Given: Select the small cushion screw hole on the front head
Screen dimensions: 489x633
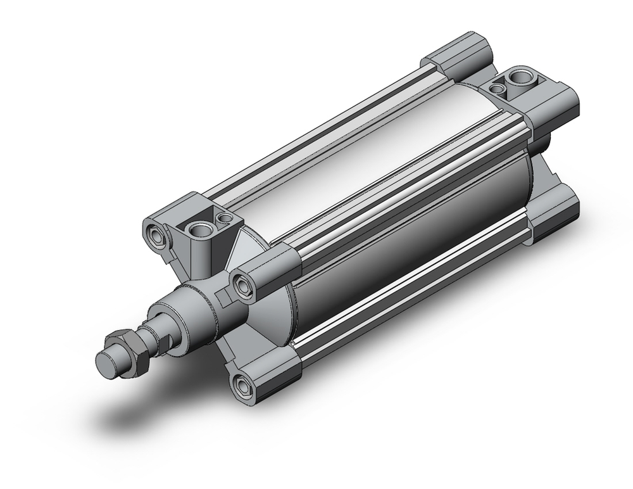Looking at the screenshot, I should [223, 219].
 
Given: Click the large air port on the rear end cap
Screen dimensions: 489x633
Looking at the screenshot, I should [523, 79].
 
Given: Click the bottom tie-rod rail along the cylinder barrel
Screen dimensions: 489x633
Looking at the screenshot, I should [411, 298].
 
